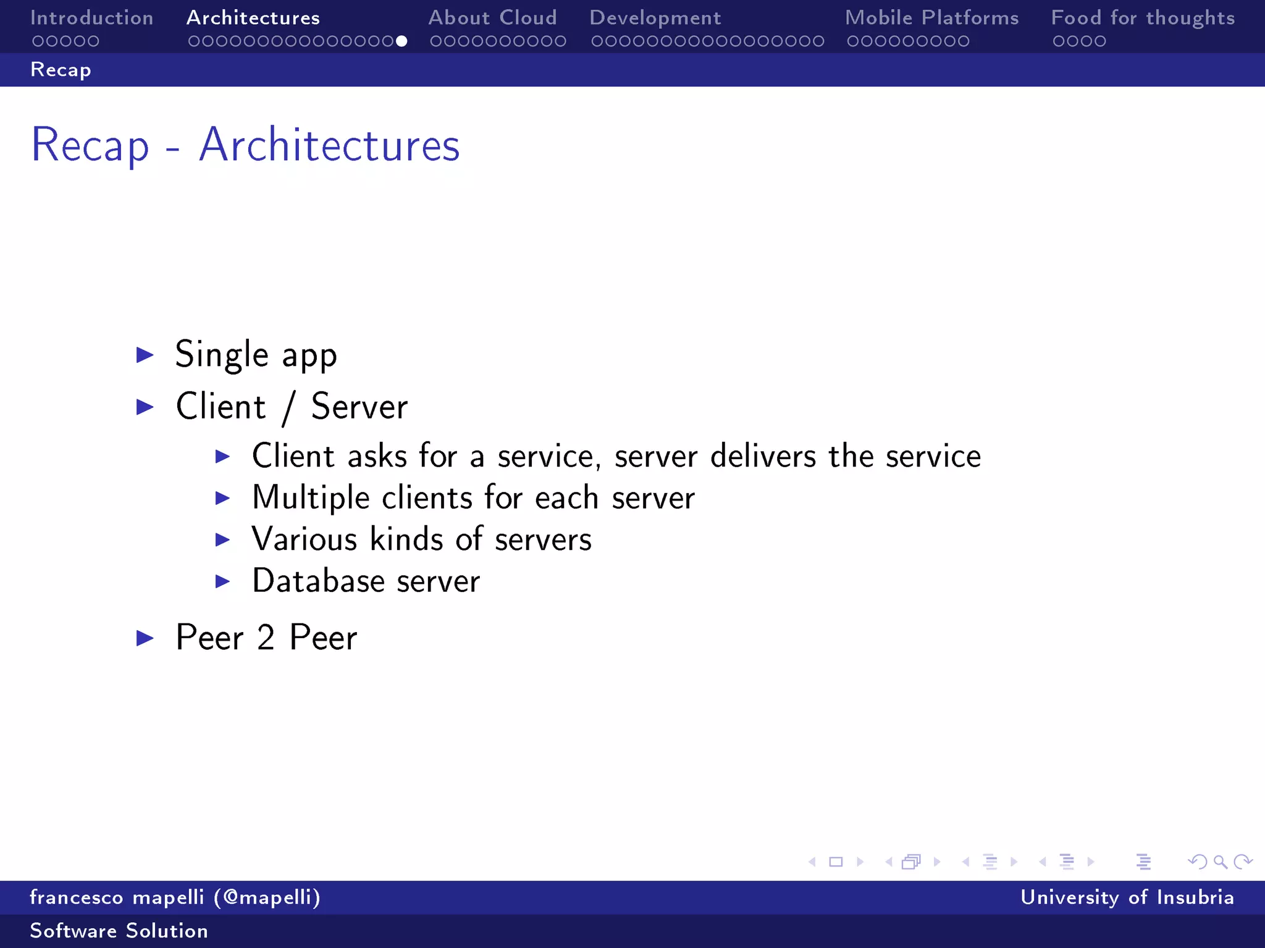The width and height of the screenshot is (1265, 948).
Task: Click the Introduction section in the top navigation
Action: click(x=91, y=18)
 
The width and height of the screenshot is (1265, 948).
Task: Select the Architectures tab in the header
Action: click(x=253, y=18)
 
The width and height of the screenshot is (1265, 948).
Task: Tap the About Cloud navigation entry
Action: click(x=492, y=18)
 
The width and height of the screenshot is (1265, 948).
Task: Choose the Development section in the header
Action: click(x=655, y=18)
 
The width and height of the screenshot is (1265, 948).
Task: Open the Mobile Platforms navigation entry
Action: click(x=931, y=18)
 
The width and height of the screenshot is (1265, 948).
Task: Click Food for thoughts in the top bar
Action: click(x=1143, y=18)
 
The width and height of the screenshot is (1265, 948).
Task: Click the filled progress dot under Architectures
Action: click(x=401, y=41)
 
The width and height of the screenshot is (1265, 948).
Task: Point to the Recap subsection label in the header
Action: click(x=61, y=70)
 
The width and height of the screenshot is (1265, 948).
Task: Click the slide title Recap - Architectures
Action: click(x=245, y=146)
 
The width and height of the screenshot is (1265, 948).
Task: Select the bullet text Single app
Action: click(x=256, y=355)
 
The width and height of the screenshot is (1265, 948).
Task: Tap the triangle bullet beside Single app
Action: click(x=145, y=355)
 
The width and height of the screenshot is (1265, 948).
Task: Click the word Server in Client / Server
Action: click(x=359, y=407)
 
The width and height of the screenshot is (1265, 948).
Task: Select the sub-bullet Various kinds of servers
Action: click(x=421, y=539)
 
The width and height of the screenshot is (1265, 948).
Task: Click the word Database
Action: click(x=318, y=581)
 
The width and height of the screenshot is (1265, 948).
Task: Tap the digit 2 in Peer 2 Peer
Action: click(x=266, y=638)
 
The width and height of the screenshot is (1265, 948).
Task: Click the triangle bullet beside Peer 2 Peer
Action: click(x=145, y=638)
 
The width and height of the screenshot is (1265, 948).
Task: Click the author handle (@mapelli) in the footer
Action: click(x=267, y=897)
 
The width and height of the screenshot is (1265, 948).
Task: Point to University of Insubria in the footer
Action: click(x=1127, y=897)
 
